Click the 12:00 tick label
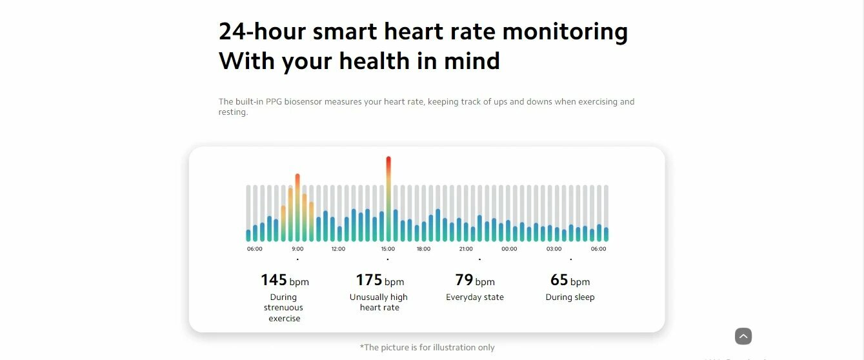point(338,249)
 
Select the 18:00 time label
point(423,249)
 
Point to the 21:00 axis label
point(466,249)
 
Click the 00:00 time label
point(509,249)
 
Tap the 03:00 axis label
point(554,249)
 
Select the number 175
point(369,280)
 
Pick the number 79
point(464,280)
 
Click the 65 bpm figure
point(559,280)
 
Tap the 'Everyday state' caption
point(475,297)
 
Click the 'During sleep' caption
point(570,297)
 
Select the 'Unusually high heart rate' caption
point(379,303)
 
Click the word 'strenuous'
point(283,308)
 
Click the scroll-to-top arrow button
point(743,336)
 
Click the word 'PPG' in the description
point(274,102)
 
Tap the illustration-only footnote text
point(427,348)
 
